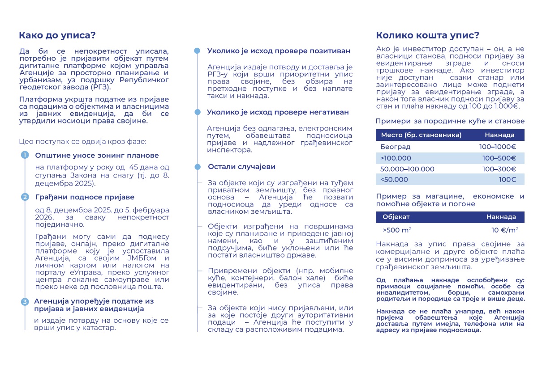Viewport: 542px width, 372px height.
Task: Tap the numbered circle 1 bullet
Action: (25, 155)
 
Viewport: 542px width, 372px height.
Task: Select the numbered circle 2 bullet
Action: (25, 197)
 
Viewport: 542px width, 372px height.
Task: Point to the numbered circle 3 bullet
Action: (25, 302)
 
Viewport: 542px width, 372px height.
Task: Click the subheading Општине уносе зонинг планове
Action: (97, 156)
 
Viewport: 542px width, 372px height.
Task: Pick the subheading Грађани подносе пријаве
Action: (85, 197)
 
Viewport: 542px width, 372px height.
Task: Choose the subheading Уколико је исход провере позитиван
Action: (279, 51)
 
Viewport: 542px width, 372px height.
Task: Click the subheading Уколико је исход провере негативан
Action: (278, 113)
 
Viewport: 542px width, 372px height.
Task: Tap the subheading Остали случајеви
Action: (241, 167)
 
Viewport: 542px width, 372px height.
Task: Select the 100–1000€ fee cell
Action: (497, 147)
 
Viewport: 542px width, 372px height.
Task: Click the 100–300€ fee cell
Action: (499, 169)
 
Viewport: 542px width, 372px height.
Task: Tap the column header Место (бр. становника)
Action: (421, 135)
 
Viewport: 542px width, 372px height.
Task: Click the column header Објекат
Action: (396, 217)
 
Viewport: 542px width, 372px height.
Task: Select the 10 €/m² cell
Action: (505, 230)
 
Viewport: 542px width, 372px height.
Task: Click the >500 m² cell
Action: (397, 230)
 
